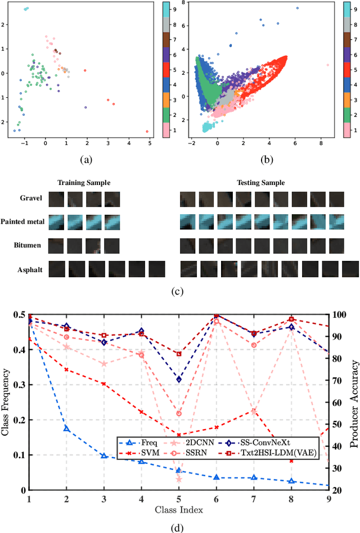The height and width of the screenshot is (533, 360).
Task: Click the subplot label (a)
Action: click(85, 160)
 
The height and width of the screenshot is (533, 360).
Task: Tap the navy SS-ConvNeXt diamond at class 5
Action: click(179, 380)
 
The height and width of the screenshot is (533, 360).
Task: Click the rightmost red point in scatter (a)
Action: click(147, 132)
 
